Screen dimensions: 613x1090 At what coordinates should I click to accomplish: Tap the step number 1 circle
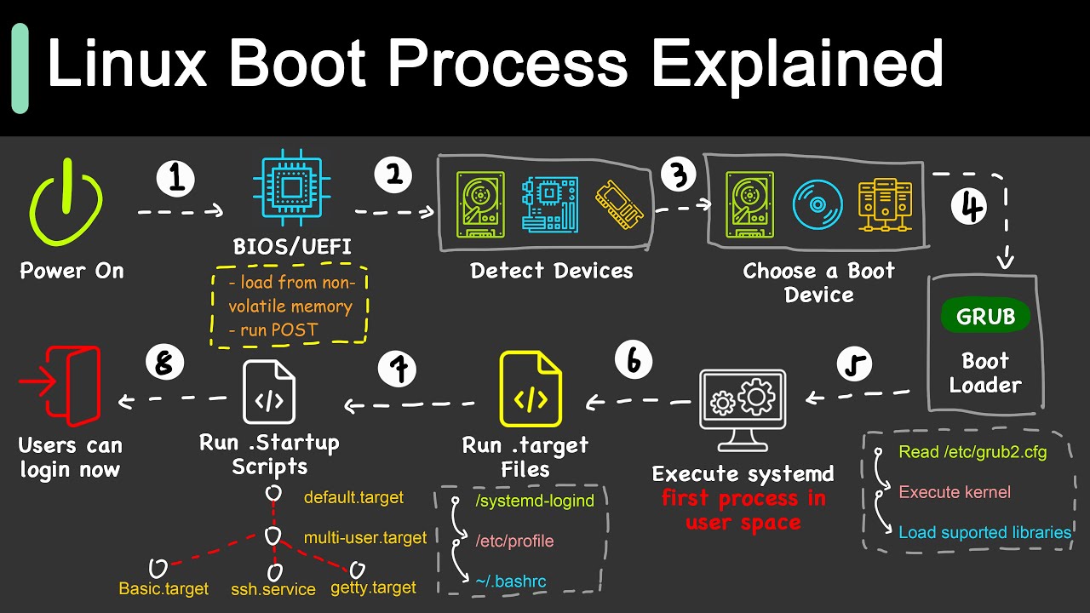175,179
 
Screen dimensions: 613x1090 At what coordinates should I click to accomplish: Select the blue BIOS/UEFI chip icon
291,192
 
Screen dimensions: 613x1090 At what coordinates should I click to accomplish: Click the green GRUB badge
985,317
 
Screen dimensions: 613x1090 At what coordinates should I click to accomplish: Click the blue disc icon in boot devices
818,204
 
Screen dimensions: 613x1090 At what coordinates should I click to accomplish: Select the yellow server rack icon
878,204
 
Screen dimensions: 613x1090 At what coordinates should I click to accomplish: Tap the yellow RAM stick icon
616,204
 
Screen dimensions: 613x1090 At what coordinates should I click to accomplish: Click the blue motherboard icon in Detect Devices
549,204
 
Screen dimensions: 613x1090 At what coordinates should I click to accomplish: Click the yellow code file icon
531,389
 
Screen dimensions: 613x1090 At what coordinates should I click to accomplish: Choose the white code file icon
269,391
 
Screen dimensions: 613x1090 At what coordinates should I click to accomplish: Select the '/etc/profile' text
514,541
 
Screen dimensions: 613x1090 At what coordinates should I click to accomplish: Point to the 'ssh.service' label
272,589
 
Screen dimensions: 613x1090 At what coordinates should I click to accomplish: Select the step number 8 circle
164,364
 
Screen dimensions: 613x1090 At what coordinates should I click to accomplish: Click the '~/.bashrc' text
511,581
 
